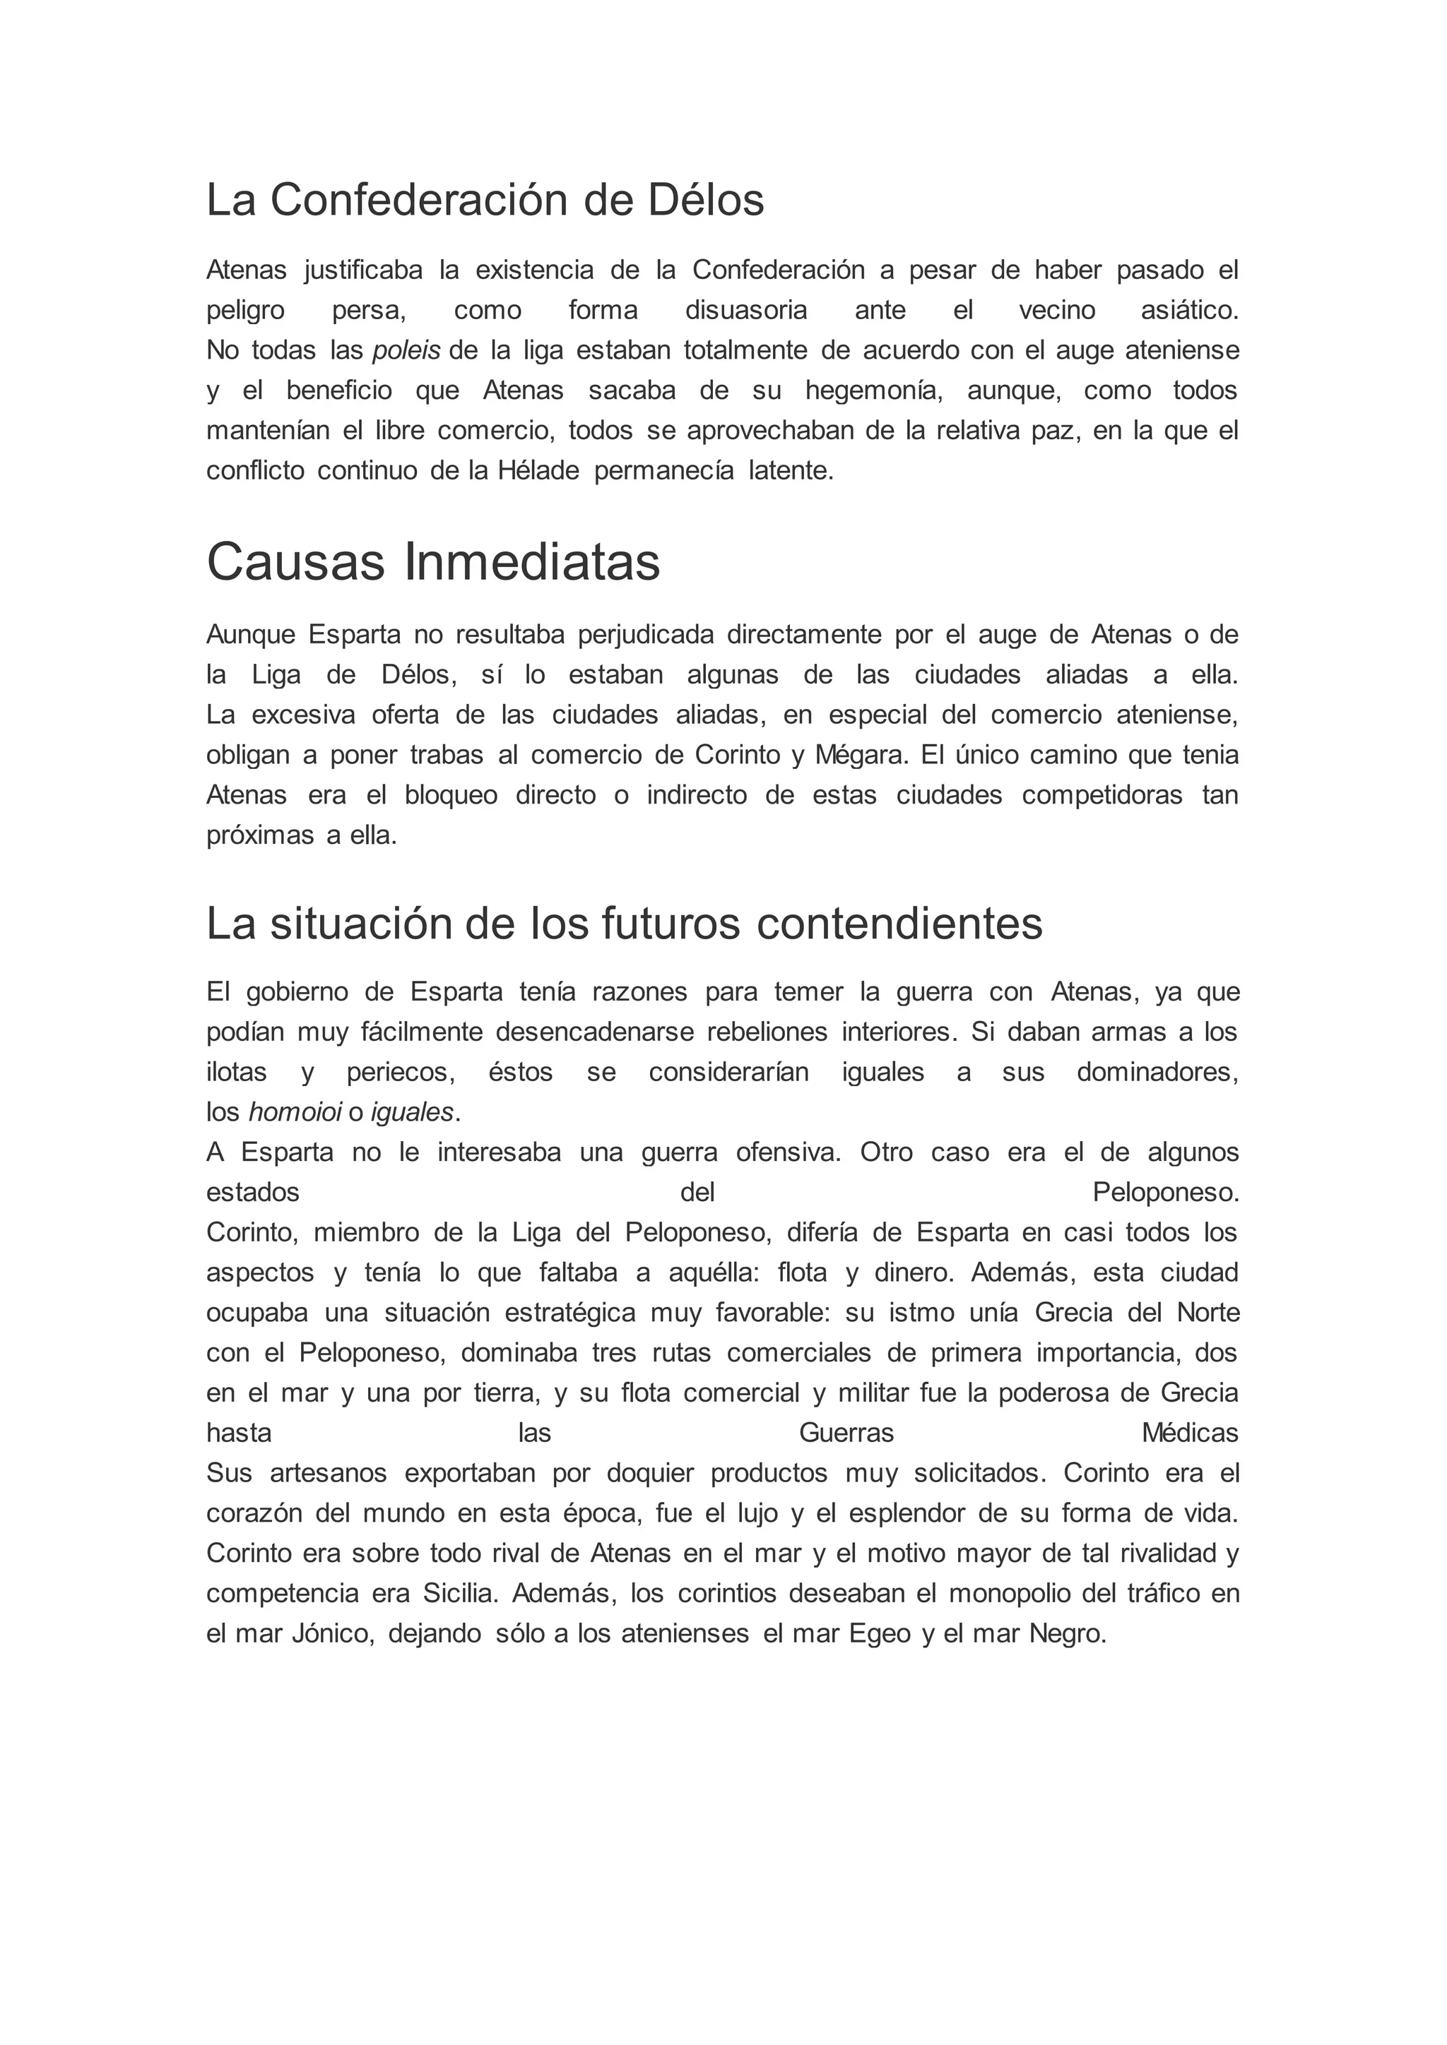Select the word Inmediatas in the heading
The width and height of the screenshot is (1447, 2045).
click(532, 563)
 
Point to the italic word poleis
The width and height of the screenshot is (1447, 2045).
click(406, 351)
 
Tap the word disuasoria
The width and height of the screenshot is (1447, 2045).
click(746, 311)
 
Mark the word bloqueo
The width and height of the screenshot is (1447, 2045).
click(451, 795)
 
